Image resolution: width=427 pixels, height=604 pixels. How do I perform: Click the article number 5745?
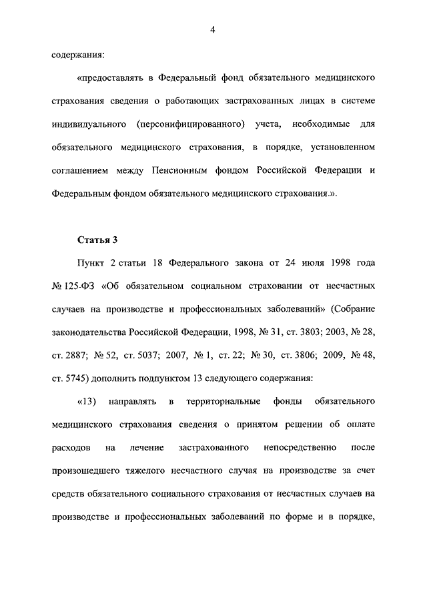pos(76,378)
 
